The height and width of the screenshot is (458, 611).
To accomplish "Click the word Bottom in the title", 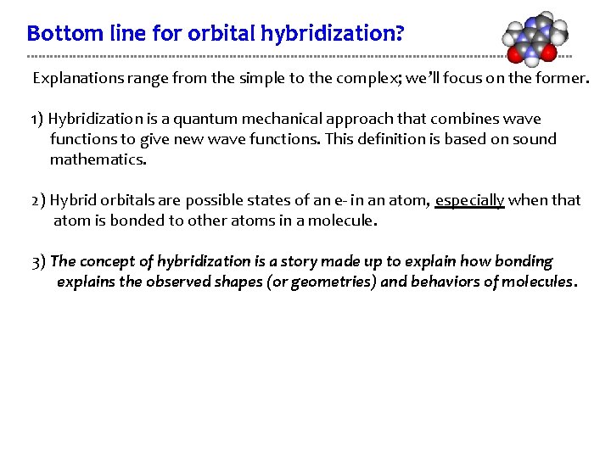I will coord(55,34).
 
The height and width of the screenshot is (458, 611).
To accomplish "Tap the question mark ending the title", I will coord(400,34).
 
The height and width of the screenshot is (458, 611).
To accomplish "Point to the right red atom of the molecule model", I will coord(549,53).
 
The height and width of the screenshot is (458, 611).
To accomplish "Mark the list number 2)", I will coord(39,201).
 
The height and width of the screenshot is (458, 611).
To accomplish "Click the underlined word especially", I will coord(470,200).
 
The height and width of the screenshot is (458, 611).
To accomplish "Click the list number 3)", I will coord(39,261).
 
